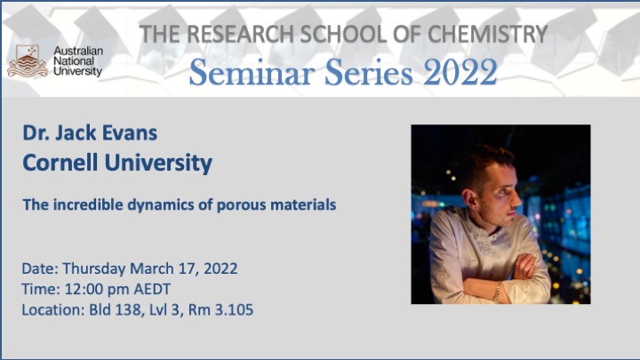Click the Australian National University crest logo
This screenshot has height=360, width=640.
(28, 61)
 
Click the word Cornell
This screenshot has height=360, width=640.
(60, 163)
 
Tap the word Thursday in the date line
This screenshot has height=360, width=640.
(94, 269)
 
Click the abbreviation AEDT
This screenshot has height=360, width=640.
(152, 290)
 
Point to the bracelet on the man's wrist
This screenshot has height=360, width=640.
(497, 292)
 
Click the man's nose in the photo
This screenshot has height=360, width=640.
(516, 199)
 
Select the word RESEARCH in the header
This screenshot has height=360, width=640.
(241, 35)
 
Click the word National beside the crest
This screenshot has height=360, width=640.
(74, 61)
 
